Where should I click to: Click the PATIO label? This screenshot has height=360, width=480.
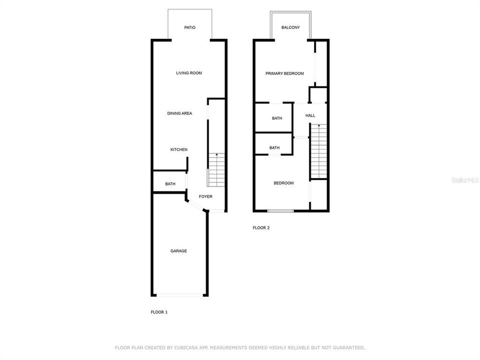click(189, 27)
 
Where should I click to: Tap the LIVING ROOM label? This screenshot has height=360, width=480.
click(188, 73)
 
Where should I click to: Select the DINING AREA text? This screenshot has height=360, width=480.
click(179, 113)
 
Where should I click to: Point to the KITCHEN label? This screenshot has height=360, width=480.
click(179, 149)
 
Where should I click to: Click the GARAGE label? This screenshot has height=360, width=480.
click(178, 251)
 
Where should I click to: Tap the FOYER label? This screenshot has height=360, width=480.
click(205, 196)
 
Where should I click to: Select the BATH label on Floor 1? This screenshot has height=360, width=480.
click(170, 184)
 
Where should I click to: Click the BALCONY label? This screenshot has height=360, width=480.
click(290, 27)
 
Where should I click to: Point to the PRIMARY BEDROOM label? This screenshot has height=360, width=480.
click(284, 73)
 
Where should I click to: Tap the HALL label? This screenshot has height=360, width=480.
click(310, 115)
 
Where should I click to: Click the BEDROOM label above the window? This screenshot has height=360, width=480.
click(283, 183)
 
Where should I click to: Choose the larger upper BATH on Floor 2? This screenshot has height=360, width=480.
click(277, 118)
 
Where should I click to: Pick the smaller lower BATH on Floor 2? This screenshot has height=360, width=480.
click(274, 147)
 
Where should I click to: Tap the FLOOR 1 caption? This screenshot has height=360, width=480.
click(159, 312)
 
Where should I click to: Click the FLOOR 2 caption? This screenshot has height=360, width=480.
click(261, 227)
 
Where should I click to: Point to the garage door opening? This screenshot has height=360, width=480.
click(179, 295)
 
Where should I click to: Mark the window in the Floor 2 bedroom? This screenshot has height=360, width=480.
click(280, 211)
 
